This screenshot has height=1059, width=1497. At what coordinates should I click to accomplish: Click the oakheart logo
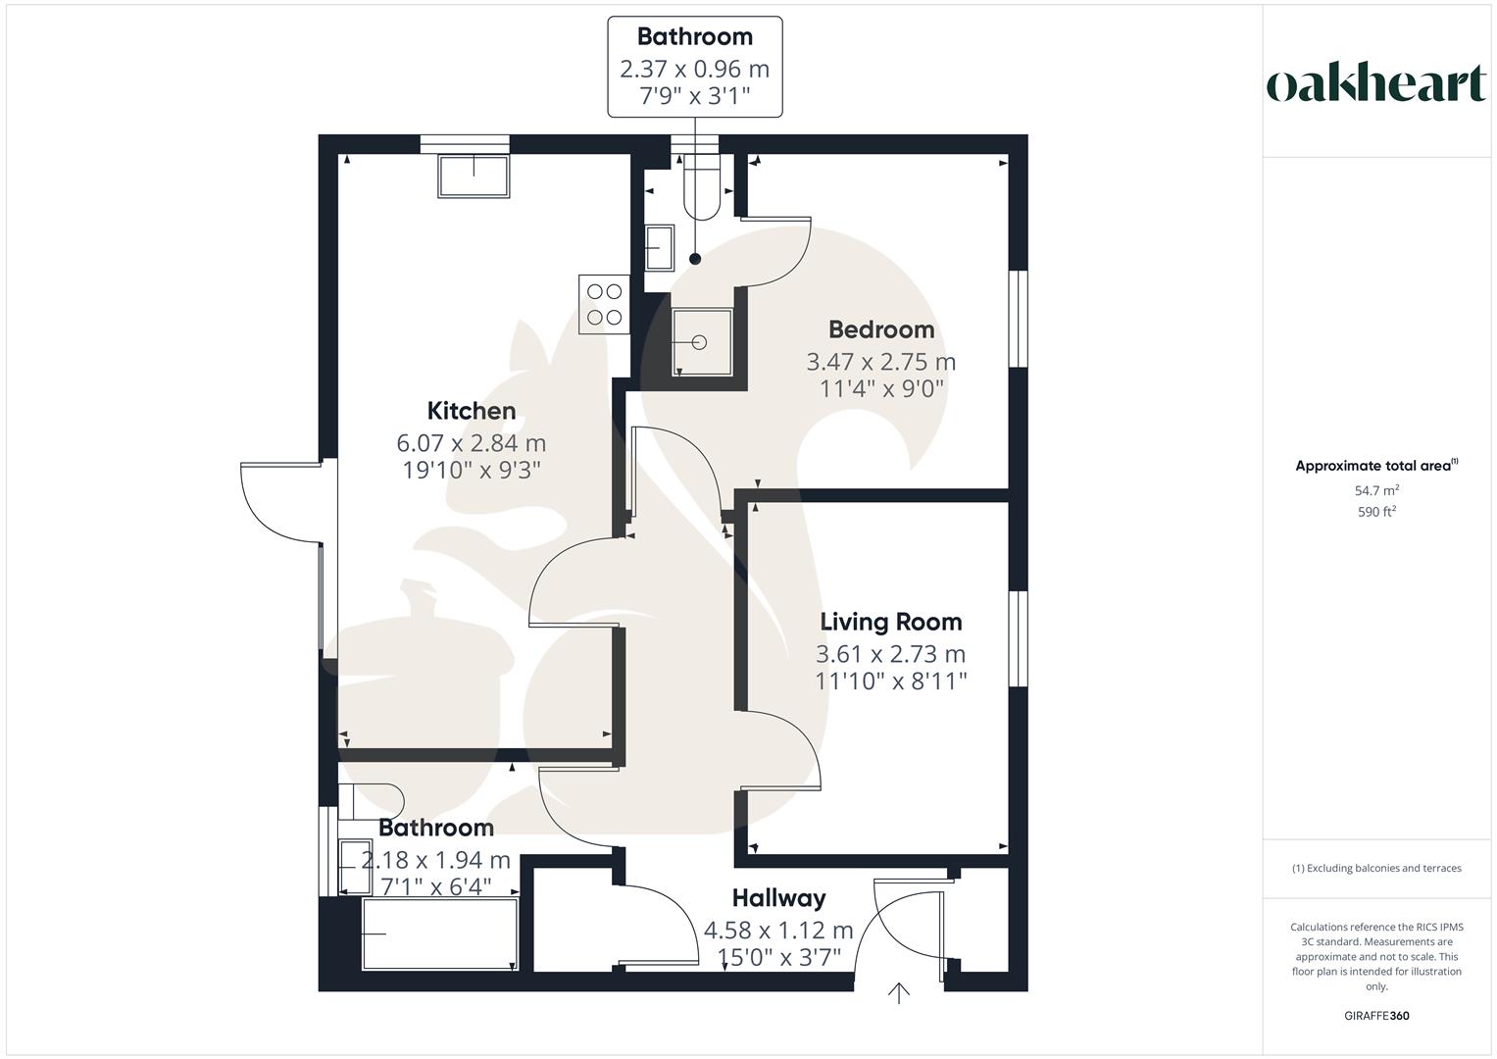[x=1375, y=84]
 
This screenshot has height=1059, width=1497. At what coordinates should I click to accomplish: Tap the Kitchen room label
[x=471, y=411]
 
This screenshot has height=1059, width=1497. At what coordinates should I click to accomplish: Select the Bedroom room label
[x=880, y=329]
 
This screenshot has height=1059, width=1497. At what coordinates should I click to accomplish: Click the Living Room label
[x=890, y=622]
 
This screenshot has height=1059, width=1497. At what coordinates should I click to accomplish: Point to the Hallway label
[x=778, y=898]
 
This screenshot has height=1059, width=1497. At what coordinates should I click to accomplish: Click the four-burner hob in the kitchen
[x=603, y=304]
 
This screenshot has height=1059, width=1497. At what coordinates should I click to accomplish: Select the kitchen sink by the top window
[x=474, y=176]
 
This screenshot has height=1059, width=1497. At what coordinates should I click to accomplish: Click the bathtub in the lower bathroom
[x=439, y=934]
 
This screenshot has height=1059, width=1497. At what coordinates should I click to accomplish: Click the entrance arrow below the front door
[x=898, y=993]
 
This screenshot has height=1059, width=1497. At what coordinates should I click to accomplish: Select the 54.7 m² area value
[x=1376, y=490]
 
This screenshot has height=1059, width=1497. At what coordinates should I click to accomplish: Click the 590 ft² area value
[x=1376, y=512]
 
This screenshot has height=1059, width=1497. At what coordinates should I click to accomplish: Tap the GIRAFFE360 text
[x=1376, y=1016]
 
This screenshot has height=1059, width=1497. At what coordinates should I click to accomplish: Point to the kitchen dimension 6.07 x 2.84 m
[x=471, y=443]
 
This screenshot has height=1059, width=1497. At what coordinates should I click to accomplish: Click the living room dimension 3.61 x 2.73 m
[x=890, y=654]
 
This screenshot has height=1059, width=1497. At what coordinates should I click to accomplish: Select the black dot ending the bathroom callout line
[x=695, y=259]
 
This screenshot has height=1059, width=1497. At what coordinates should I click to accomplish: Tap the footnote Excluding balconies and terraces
[x=1376, y=868]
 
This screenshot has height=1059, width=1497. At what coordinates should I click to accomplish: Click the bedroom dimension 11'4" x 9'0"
[x=880, y=388]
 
